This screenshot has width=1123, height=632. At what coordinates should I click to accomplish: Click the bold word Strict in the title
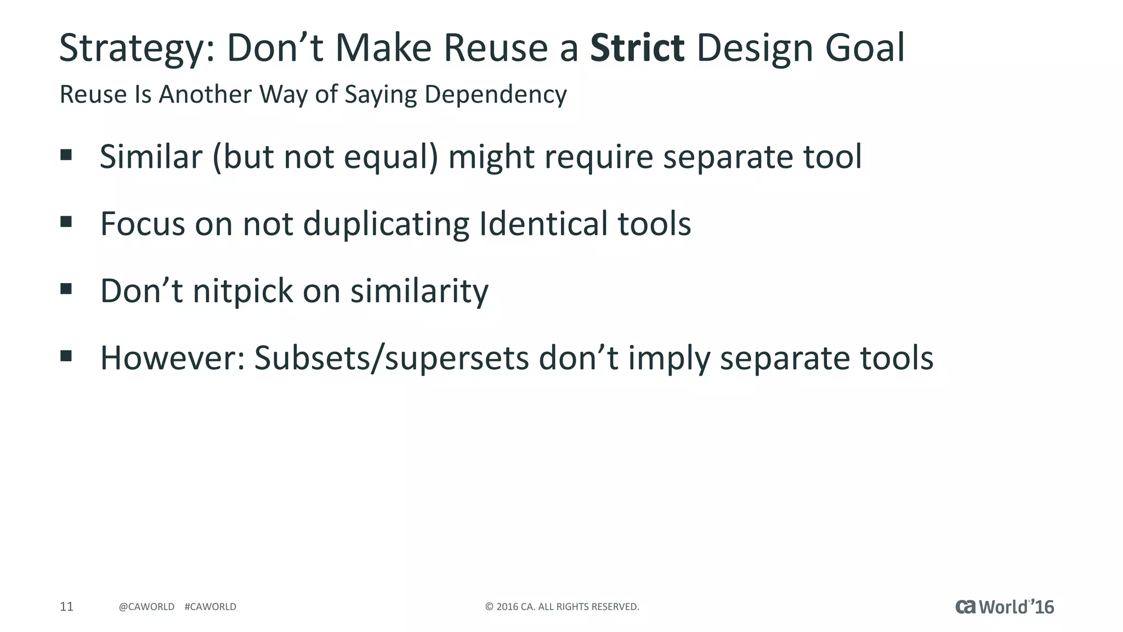coord(637,48)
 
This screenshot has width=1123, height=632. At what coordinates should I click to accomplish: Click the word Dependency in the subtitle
coord(495,94)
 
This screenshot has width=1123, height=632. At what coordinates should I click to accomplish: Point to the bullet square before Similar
coord(66,155)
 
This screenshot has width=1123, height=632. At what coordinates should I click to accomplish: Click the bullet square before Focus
coord(66,222)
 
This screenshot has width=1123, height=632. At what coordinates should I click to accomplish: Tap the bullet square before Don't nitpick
coord(66,289)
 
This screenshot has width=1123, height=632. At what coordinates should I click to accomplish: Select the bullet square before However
coord(66,356)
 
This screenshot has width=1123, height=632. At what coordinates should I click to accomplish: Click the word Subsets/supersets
coord(392,358)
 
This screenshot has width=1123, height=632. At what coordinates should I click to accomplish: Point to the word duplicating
coord(386,224)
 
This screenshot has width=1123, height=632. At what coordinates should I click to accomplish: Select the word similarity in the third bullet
coord(419,291)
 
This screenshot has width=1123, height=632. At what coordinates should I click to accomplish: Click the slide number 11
coord(66,606)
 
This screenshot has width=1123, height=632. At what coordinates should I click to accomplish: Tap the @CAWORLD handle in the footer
coord(146,607)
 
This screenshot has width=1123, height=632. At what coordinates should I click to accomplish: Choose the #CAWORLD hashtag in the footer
coord(211,607)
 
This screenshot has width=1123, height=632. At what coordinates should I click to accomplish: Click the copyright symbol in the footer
coord(489,607)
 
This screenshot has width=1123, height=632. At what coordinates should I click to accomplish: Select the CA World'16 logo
coord(1004,607)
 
